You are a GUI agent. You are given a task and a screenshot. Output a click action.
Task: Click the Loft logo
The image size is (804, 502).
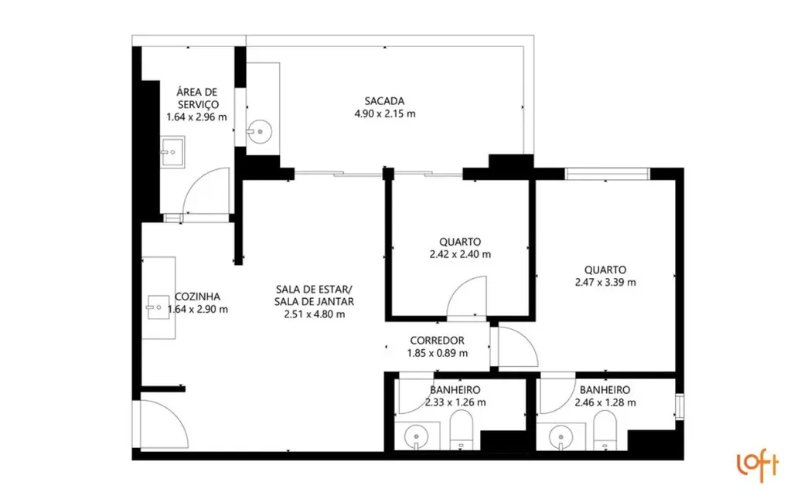click(x=757, y=466)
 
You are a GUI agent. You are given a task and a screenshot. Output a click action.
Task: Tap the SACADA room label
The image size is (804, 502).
click(x=384, y=100)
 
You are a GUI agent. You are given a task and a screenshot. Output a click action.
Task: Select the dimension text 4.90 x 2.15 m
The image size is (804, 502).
click(x=384, y=114)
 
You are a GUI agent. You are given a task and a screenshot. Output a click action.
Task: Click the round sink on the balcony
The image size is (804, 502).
click(x=258, y=132)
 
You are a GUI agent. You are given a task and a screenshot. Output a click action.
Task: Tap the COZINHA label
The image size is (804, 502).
click(x=198, y=296)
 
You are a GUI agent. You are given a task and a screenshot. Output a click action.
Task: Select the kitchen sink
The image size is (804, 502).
click(x=158, y=307)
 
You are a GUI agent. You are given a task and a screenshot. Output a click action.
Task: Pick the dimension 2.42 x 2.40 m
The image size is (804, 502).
click(x=461, y=254)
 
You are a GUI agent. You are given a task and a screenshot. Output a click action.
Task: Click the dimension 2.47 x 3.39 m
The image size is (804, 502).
click(x=605, y=282)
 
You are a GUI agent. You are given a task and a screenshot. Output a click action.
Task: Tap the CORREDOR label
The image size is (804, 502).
click(x=437, y=340)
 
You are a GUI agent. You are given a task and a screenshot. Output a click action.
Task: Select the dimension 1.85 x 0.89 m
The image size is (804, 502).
click(x=437, y=353)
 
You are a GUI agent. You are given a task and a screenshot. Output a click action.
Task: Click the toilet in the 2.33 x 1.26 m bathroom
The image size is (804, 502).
click(x=461, y=429)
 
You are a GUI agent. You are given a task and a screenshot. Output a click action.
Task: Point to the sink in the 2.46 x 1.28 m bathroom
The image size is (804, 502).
click(x=560, y=436)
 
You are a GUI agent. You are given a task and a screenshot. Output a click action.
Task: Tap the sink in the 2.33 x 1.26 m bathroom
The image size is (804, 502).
click(x=417, y=436)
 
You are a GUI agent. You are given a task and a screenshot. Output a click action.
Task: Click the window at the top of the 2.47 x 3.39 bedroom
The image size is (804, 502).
click(x=607, y=174)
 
